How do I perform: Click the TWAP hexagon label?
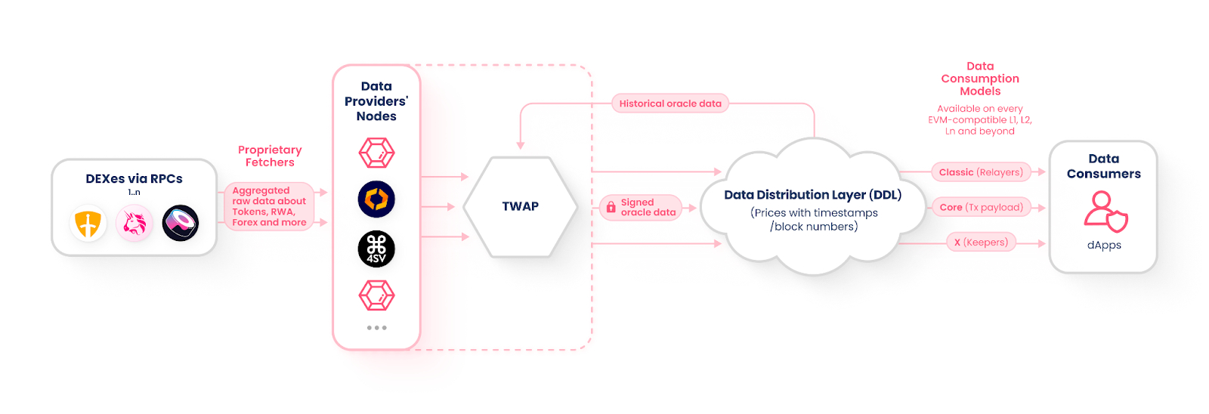pos(520,206)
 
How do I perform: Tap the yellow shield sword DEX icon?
pos(88,224)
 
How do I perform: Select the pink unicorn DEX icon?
pos(135,224)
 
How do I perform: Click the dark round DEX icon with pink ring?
pos(181,224)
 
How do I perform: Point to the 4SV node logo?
pos(376,249)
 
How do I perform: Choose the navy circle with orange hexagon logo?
pos(376,199)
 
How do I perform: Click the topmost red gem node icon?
pos(376,153)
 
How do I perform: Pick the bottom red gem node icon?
pos(376,295)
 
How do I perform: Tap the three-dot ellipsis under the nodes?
pos(376,328)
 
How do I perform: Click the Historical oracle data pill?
pos(669,103)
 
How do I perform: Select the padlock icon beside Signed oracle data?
pos(611,207)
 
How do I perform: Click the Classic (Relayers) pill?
pos(981,172)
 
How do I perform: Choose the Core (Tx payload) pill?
pos(981,207)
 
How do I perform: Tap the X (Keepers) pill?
pos(981,243)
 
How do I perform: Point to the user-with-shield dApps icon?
pos(1105,212)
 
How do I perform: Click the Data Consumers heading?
pos(1103,166)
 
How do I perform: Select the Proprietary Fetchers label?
pos(270,156)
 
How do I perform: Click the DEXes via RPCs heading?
pos(134,179)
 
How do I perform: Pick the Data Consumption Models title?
pos(980,79)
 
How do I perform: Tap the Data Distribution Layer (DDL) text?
pos(813,195)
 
